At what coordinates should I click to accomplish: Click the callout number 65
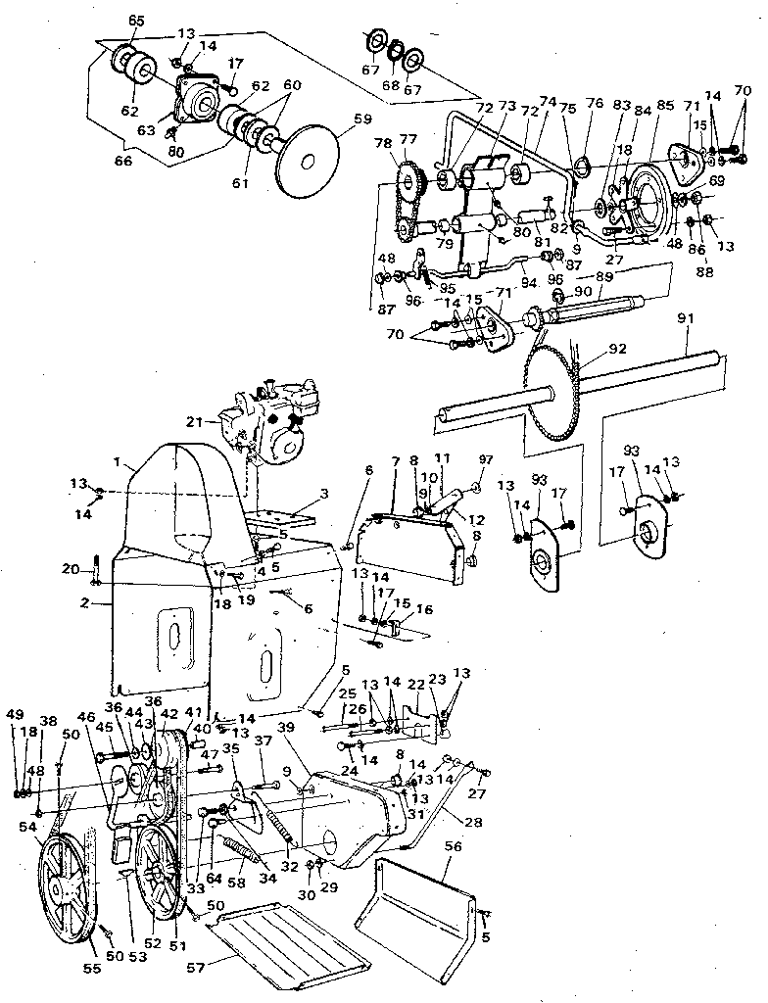point(136,20)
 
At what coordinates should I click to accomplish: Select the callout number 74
point(547,101)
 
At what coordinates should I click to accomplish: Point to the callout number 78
point(381,143)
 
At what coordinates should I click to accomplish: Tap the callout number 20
point(69,569)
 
